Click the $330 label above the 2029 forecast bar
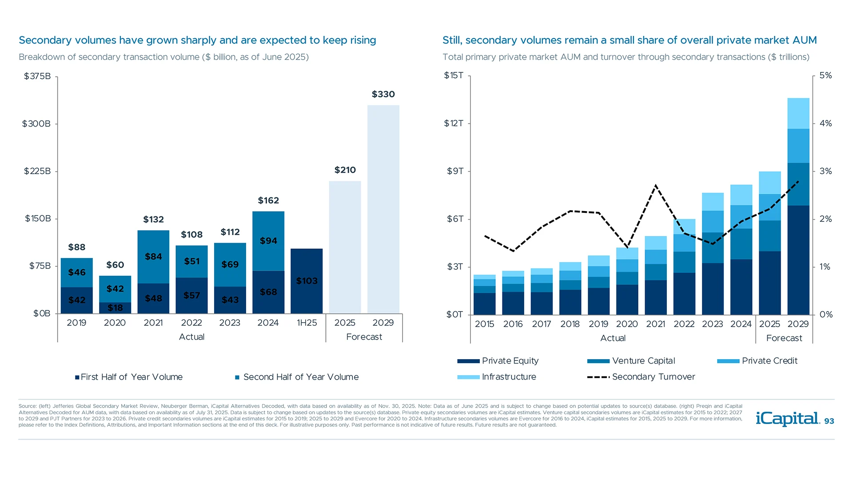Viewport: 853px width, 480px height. pos(383,94)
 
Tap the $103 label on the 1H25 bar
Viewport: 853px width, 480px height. pos(307,281)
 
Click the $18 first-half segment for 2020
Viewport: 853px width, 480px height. pos(115,308)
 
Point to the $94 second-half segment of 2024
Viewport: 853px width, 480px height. pos(268,241)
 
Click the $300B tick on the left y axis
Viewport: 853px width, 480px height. pos(36,124)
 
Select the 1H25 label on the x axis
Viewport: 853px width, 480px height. pos(307,323)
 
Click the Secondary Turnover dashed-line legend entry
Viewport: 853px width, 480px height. pos(653,377)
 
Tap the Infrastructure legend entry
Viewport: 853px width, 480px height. pos(509,377)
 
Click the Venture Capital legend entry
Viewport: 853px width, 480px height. pos(643,361)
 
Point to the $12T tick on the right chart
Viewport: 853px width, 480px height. pos(454,124)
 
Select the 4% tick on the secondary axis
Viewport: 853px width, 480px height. pos(825,124)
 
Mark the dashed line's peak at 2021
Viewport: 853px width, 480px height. pos(656,185)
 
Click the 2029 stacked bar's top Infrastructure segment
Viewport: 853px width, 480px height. pos(798,113)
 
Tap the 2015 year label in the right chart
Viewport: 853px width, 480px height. pos(484,324)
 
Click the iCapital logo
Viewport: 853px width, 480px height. pos(787,419)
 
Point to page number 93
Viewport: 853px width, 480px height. pos(829,421)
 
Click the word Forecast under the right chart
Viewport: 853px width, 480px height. pos(784,338)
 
